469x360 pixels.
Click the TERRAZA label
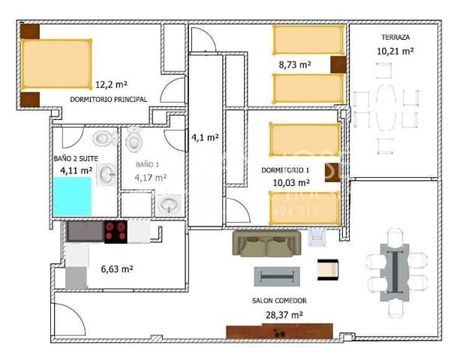[395, 37]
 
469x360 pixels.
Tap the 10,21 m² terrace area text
[395, 51]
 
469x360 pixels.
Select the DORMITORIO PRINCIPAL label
[108, 99]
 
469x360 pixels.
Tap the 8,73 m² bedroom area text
[295, 65]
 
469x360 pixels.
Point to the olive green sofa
[267, 243]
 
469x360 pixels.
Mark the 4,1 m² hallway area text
[205, 137]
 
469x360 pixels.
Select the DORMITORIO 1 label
[286, 170]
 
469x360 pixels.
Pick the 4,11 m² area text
[76, 170]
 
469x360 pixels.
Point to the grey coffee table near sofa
[278, 276]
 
